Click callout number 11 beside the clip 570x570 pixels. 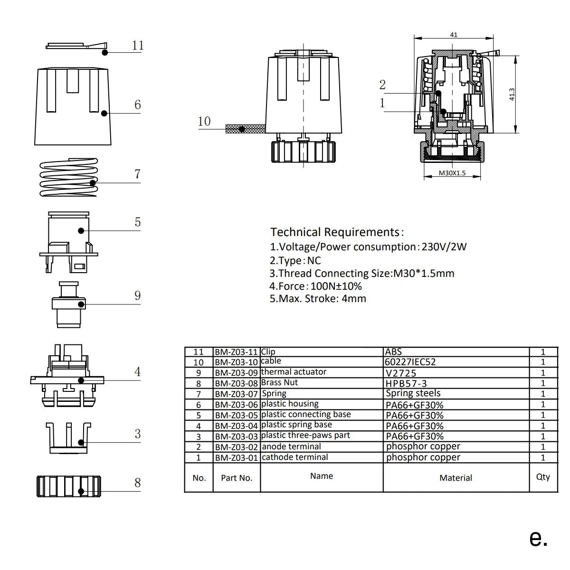click(138, 45)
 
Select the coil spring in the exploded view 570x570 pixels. click(69, 178)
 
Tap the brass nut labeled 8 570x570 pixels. click(69, 486)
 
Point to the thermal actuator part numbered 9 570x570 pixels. click(68, 304)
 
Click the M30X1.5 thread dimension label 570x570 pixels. click(452, 173)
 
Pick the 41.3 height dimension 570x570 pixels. click(512, 94)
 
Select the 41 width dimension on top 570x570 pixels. click(454, 35)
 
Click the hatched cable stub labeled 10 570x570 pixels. click(245, 128)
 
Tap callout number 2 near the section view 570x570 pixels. click(382, 85)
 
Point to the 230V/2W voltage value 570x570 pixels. click(444, 247)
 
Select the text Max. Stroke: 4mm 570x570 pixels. click(318, 299)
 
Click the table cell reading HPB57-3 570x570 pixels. click(406, 383)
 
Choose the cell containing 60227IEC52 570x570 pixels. click(410, 362)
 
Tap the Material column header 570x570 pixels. click(456, 478)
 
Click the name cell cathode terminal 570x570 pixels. click(295, 457)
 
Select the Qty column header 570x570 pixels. click(543, 477)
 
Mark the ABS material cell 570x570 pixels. click(394, 352)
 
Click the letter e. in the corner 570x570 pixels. click(538, 538)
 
